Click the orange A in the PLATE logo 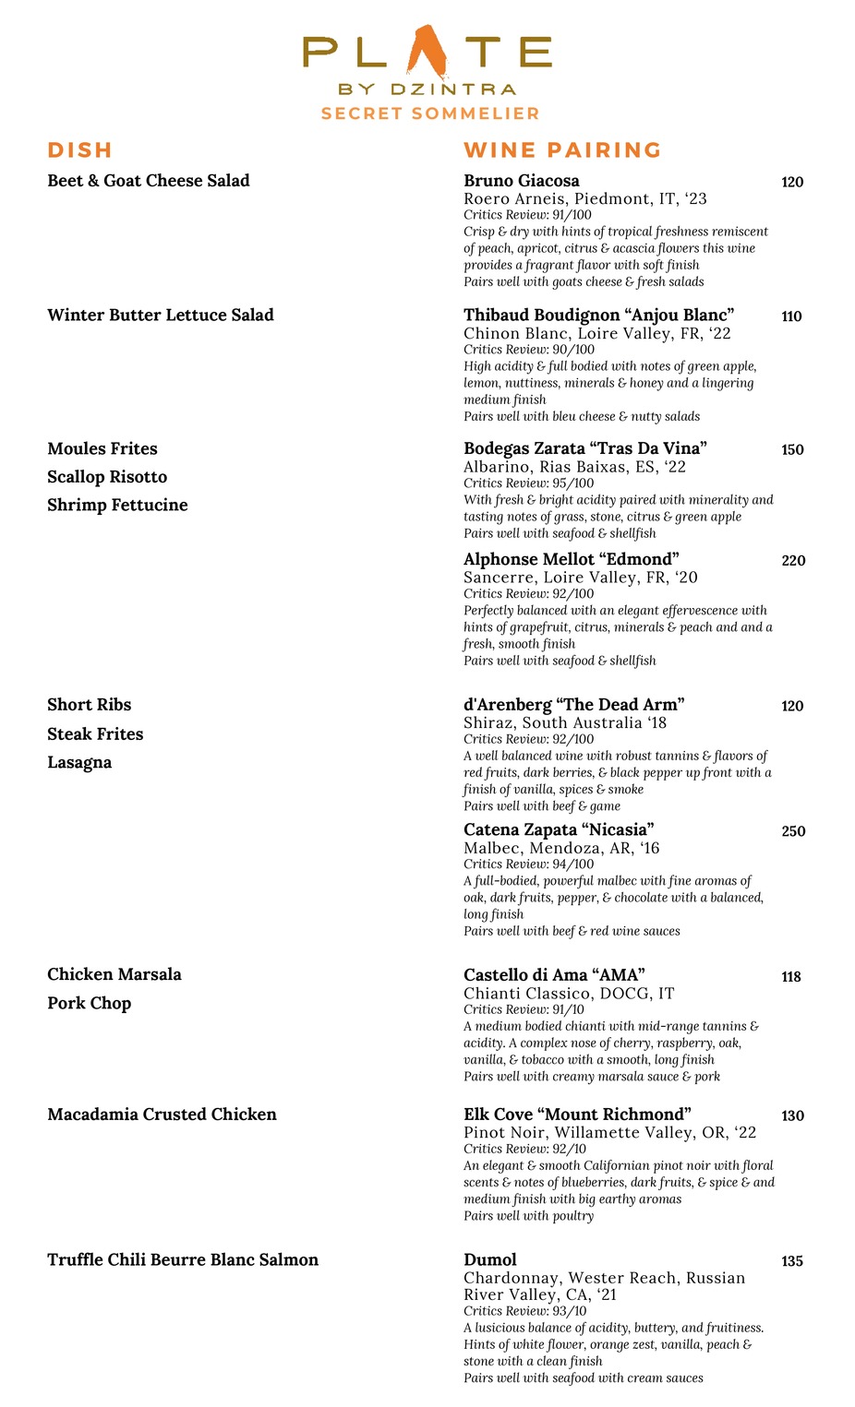pos(427,53)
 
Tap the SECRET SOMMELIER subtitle pos(430,113)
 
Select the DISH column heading pos(80,150)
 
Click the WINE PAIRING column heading pos(562,150)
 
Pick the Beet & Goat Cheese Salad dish pos(149,181)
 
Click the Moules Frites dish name pos(102,449)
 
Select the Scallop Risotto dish pos(107,477)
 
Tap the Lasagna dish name pos(79,762)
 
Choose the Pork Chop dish pos(90,1003)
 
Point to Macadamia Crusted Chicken pos(162,1115)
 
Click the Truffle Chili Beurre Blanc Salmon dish pos(183,1260)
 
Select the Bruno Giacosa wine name pos(522,181)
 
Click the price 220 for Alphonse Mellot pos(793,561)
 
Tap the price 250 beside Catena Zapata pos(793,831)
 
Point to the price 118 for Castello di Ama pos(791,977)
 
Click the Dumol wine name pos(490,1260)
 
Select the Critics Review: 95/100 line pos(529,483)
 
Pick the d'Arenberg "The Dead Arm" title pos(574,705)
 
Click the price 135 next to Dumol pos(792,1261)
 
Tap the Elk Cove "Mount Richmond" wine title pos(577,1115)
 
